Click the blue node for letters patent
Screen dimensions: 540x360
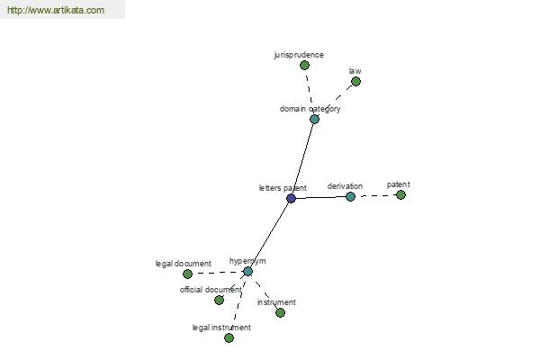tap(291, 198)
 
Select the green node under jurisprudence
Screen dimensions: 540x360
tap(304, 65)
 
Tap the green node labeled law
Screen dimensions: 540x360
tap(355, 82)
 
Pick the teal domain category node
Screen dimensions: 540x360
tap(314, 119)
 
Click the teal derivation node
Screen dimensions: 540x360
tap(350, 197)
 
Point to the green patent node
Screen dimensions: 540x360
tap(400, 195)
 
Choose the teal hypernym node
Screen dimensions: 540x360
tap(248, 272)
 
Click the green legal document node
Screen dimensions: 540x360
tap(188, 274)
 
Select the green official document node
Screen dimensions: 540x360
tap(219, 300)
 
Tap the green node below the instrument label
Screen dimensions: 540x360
tap(280, 313)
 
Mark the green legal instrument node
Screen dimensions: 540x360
tap(229, 338)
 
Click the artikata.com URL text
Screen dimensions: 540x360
tap(56, 10)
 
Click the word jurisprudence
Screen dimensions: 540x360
tap(299, 55)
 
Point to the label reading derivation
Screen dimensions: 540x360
tap(345, 186)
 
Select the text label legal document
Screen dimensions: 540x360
tap(184, 264)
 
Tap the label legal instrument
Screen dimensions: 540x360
tap(221, 328)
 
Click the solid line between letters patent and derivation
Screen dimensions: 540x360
tap(320, 197)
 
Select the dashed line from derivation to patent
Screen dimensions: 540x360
tap(375, 195)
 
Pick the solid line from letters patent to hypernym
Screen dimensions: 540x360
tap(270, 235)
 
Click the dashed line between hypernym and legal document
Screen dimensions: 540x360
tap(218, 273)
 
